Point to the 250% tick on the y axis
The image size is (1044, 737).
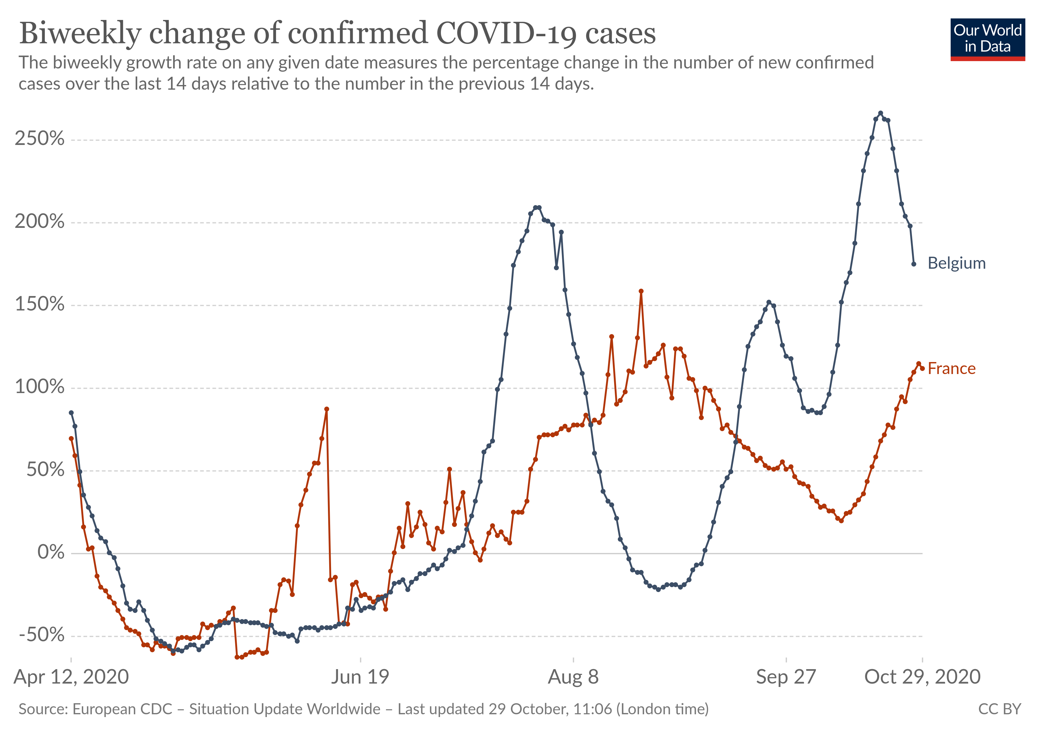[40, 139]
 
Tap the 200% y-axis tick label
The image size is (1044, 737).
[40, 222]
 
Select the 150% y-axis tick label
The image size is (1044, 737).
[40, 305]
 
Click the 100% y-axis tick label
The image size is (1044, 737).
[40, 387]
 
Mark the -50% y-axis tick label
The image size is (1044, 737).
[42, 635]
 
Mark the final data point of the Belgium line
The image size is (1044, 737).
[913, 264]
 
